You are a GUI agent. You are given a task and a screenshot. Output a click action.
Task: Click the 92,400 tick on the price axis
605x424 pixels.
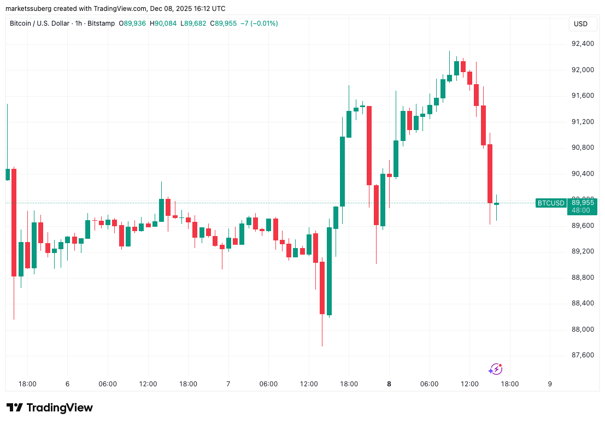583,44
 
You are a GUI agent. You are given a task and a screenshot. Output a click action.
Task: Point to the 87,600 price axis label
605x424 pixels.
583,355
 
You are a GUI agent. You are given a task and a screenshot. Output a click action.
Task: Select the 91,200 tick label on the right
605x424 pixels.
583,122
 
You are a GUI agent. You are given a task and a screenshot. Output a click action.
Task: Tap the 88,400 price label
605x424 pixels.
583,303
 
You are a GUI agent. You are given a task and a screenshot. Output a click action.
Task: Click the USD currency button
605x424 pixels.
580,24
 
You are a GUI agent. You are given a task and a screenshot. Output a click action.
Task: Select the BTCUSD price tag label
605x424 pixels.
551,203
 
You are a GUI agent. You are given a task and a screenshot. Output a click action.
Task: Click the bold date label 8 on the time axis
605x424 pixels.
389,384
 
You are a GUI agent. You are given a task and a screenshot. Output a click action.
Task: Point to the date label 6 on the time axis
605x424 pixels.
67,384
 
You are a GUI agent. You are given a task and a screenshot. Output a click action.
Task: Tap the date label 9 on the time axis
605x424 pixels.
550,384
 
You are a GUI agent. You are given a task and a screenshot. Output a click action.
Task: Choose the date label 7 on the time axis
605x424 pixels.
228,384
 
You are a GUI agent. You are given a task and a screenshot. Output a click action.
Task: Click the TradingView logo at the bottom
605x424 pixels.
50,408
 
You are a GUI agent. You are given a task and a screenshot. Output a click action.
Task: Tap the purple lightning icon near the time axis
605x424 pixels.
495,369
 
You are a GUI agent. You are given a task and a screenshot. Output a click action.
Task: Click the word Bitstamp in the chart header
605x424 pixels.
102,23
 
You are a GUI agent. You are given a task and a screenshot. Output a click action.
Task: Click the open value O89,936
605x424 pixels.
132,23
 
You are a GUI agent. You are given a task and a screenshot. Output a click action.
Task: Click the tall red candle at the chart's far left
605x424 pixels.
14,222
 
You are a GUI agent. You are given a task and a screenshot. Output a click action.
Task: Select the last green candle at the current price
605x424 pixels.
496,204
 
